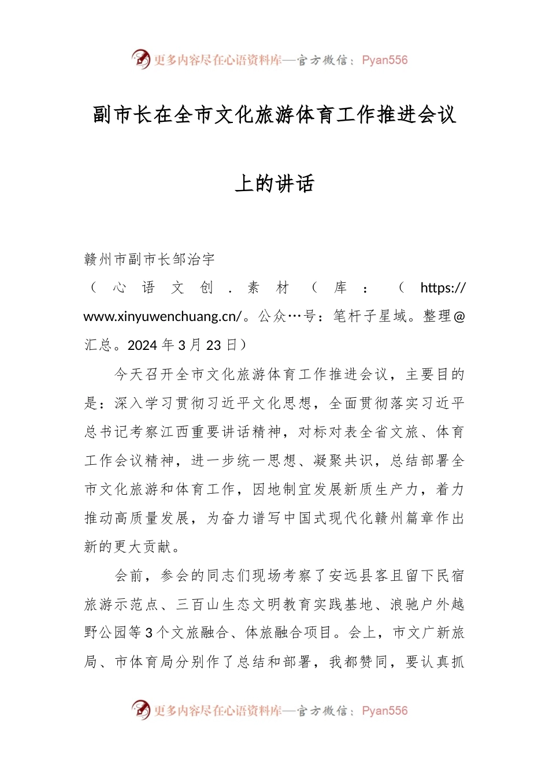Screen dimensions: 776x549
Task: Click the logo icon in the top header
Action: coord(140,59)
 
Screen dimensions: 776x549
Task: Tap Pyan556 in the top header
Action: coord(384,60)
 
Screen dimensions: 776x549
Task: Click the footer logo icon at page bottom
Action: coord(140,710)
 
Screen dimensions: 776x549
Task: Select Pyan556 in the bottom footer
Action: coord(384,711)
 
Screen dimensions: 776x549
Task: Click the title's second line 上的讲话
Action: coord(274,184)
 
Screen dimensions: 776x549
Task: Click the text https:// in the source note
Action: coord(442,288)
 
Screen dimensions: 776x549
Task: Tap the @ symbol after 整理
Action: coord(459,316)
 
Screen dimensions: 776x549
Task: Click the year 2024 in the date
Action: coord(142,345)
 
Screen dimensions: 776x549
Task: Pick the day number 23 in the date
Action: coord(213,345)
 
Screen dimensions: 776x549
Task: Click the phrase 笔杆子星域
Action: coord(370,316)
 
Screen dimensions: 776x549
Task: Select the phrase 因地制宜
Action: coord(283,490)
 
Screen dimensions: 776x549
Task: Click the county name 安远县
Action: coord(352,576)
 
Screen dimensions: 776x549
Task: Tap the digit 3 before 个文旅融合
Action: coord(149,633)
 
